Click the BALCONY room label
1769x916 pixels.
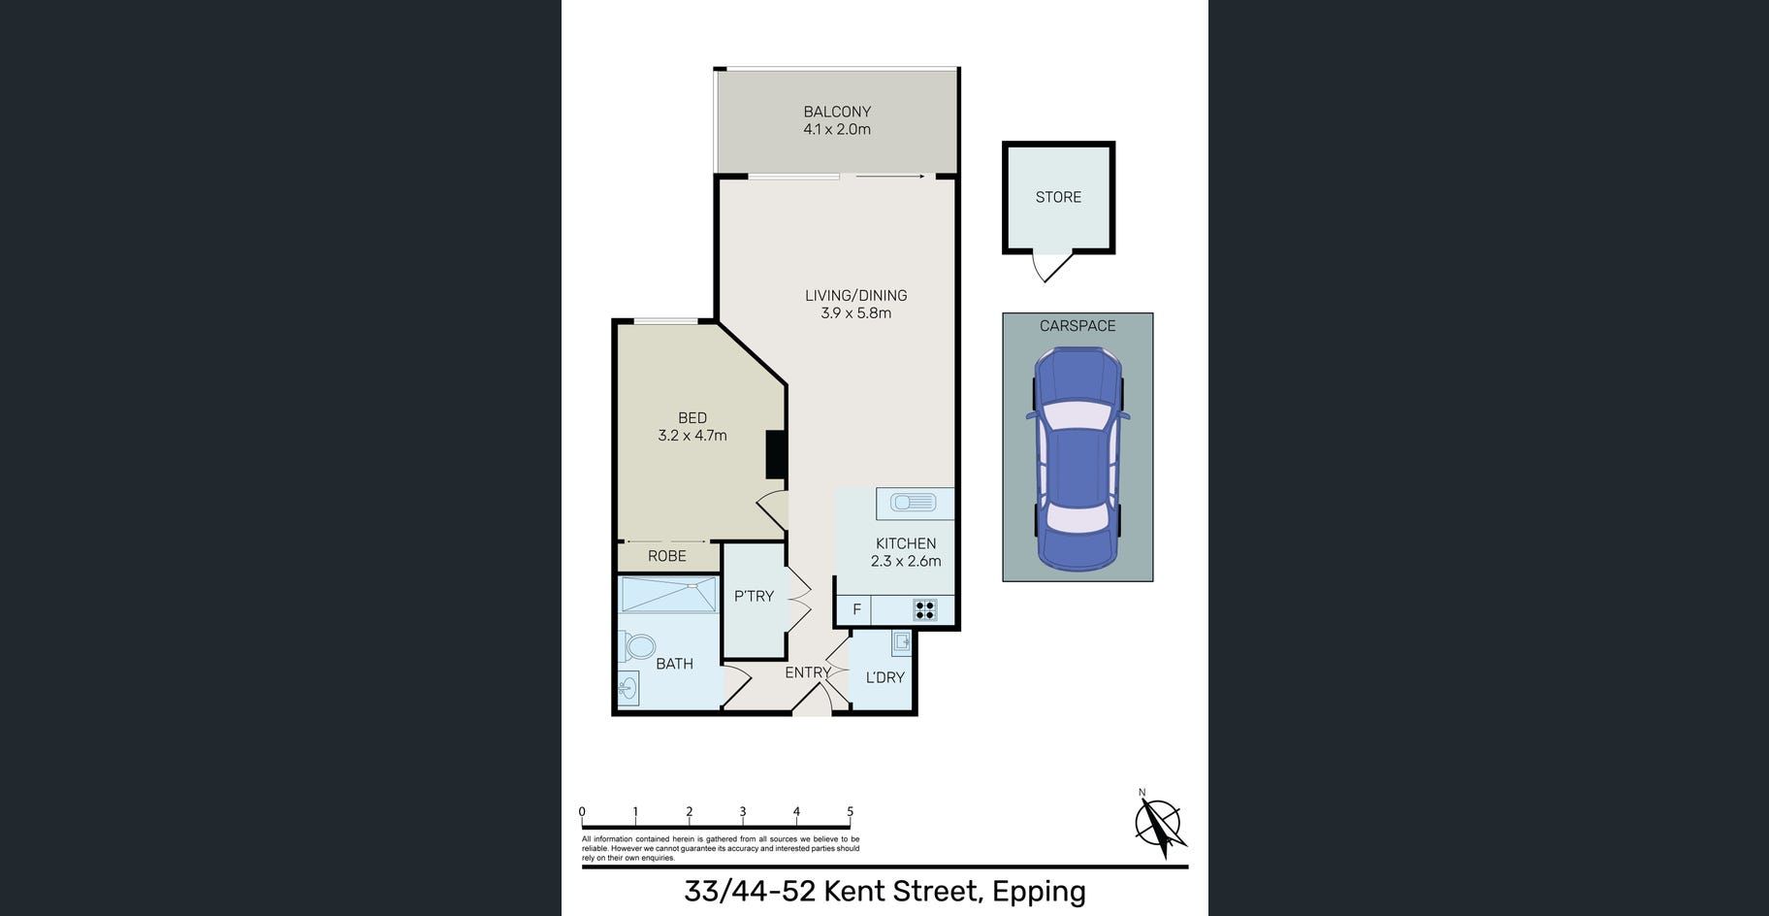837,112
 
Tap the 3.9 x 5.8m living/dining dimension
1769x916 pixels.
855,313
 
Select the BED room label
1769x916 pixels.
692,418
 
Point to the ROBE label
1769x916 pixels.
667,556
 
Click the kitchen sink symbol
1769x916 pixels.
914,503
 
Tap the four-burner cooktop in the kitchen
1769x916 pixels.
924,610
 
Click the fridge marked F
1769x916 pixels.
856,610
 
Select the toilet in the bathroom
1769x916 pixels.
636,645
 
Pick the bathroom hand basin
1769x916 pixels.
628,689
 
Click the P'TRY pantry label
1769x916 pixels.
754,597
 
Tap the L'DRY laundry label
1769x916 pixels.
884,677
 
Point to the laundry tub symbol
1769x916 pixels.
902,642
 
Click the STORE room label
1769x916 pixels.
1058,197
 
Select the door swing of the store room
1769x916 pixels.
1050,266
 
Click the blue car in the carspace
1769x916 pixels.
1077,458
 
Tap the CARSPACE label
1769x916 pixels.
1077,326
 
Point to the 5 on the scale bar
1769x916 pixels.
851,812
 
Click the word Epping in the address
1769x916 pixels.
1039,891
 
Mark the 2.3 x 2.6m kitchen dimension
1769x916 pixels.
906,561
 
